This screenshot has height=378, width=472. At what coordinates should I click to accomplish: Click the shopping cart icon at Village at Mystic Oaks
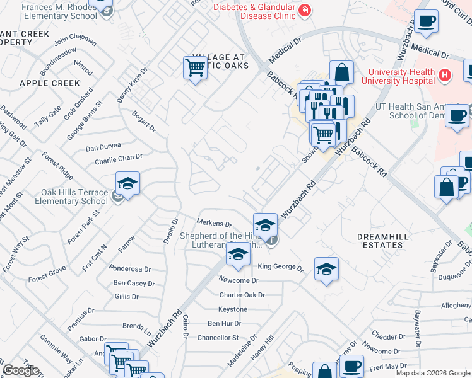coord(196,67)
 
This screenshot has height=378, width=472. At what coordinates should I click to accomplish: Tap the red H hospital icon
coord(445,76)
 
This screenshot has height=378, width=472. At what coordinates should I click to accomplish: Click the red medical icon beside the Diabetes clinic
coord(305,10)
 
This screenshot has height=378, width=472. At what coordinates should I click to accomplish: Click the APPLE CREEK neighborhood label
coord(50,83)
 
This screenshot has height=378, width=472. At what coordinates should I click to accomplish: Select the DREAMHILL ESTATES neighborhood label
coord(379,240)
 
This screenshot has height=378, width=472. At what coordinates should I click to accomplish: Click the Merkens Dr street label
coord(215,224)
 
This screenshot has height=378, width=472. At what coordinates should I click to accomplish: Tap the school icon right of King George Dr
coord(326,269)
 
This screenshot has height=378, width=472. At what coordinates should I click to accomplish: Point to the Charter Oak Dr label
coord(242,295)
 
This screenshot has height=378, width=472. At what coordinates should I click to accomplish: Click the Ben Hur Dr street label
coord(225,323)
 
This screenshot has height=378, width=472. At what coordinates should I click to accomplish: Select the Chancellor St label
coord(218,338)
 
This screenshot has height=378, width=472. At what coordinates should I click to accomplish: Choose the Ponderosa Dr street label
coord(129,268)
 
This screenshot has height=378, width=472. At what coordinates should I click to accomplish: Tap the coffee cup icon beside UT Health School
coord(457,116)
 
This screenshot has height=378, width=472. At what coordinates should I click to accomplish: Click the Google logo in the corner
coord(21,370)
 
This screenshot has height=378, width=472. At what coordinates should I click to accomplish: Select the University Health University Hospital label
coord(398,76)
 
